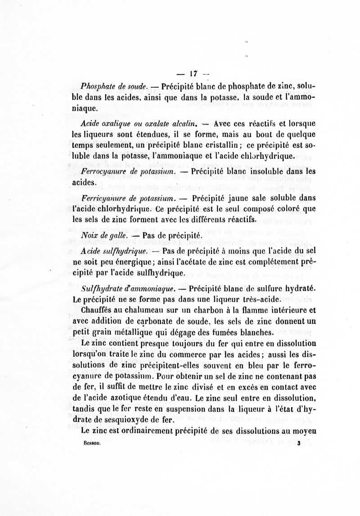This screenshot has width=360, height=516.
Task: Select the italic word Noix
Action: point(90,235)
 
